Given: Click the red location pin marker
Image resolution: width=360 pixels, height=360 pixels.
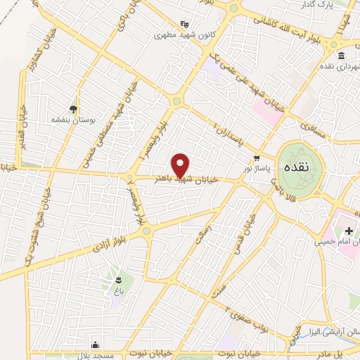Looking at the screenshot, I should coord(181,165).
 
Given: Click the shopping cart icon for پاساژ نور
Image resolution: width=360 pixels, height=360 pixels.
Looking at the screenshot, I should coord(257,157).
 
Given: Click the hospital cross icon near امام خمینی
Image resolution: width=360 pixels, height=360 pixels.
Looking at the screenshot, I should coord(348,231).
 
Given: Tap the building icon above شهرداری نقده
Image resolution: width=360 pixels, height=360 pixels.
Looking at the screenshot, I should coord(340,56).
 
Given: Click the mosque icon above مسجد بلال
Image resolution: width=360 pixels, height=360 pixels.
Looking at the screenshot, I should coord(96,345).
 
